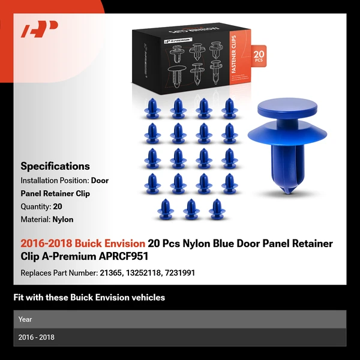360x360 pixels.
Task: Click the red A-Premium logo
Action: click(40, 29)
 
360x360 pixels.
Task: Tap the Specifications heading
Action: click(55, 166)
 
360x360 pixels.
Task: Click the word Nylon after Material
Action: click(63, 220)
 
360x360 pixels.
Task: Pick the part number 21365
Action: click(110, 273)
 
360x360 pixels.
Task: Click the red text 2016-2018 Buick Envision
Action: click(83, 244)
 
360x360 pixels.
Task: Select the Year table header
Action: click(25, 319)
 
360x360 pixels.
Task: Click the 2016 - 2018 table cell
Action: click(36, 337)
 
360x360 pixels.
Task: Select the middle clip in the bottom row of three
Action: click(191, 208)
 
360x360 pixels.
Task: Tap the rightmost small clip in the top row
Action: click(228, 108)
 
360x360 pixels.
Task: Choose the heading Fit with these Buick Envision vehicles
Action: click(89, 298)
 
